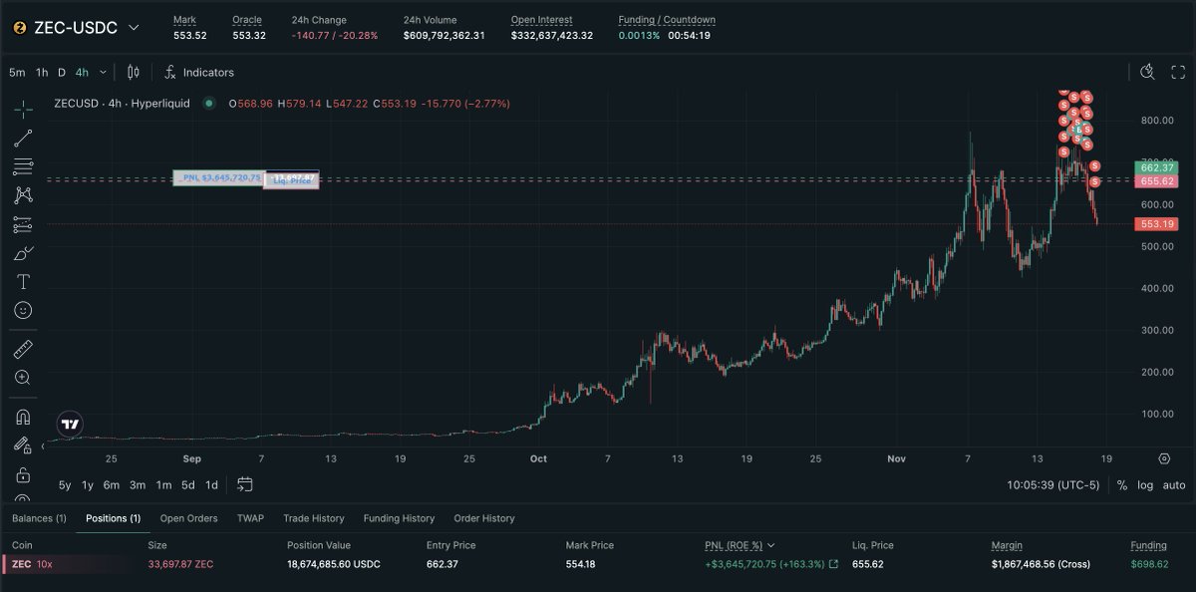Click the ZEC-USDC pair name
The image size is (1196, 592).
pyautogui.click(x=76, y=28)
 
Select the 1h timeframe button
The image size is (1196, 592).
pyautogui.click(x=42, y=72)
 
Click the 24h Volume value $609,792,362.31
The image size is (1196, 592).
pyautogui.click(x=444, y=36)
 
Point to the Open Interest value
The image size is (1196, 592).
pyautogui.click(x=551, y=36)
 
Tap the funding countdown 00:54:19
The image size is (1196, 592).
pyautogui.click(x=689, y=36)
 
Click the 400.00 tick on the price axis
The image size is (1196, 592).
pyautogui.click(x=1156, y=288)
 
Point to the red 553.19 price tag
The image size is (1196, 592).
pyautogui.click(x=1156, y=224)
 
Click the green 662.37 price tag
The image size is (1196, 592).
pyautogui.click(x=1156, y=167)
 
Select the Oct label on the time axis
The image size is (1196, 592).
pyautogui.click(x=538, y=459)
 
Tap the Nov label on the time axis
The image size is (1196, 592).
pyautogui.click(x=896, y=459)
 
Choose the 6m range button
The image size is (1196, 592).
pyautogui.click(x=112, y=485)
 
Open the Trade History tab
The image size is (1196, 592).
pyautogui.click(x=313, y=518)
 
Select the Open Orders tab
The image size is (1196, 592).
pyautogui.click(x=188, y=518)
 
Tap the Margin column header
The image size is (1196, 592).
pyautogui.click(x=1007, y=545)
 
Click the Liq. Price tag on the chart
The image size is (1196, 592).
pyautogui.click(x=292, y=181)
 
